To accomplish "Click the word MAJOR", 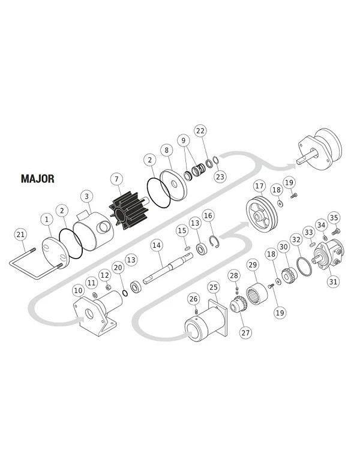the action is pyautogui.click(x=38, y=179).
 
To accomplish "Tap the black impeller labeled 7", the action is pyautogui.click(x=128, y=211).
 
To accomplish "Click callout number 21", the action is pyautogui.click(x=20, y=235).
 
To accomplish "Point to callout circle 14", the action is pyautogui.click(x=157, y=245).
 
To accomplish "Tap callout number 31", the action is pyautogui.click(x=333, y=281).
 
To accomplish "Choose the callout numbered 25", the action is pyautogui.click(x=214, y=287).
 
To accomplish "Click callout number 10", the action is pyautogui.click(x=78, y=290).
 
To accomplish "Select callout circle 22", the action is pyautogui.click(x=200, y=131).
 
